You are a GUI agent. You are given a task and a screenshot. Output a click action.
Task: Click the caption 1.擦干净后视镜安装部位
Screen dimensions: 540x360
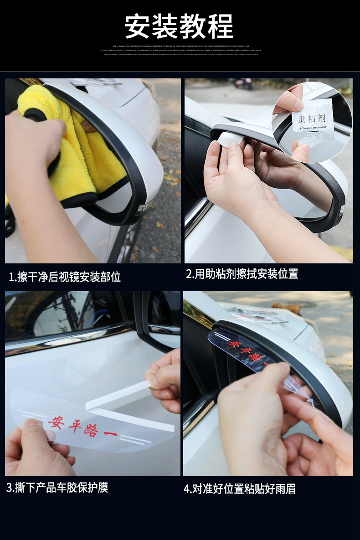coord(65,277)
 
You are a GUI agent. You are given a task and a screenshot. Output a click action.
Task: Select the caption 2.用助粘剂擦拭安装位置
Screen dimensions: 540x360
coord(242,274)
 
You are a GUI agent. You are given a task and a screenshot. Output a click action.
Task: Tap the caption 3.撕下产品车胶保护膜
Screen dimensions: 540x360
coord(57,488)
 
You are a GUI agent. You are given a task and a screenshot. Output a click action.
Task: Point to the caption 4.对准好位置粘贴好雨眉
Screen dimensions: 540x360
coord(239,489)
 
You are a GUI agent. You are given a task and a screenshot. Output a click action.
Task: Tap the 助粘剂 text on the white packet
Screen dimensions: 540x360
coord(310,120)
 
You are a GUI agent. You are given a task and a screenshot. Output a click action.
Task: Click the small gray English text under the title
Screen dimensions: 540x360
coord(180,50)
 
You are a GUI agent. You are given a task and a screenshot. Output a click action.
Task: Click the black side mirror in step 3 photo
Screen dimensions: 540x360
coord(157,319)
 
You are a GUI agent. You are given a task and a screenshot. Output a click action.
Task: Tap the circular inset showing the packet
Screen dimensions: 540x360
coord(312,122)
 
